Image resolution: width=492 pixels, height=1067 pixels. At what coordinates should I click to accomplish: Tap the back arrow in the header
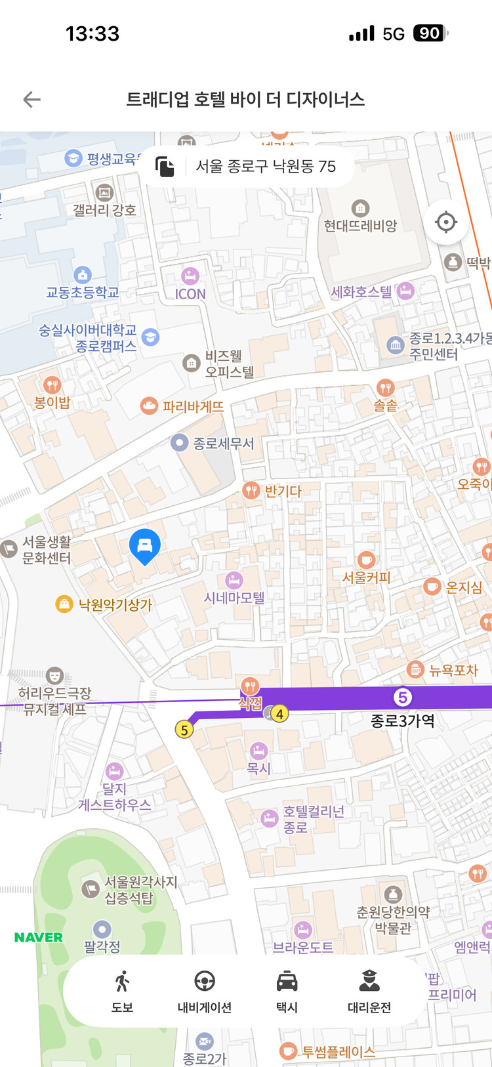point(32,100)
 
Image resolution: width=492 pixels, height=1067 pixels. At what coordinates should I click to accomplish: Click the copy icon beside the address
point(165,167)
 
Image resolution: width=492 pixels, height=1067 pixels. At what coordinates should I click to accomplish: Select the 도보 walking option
point(122,991)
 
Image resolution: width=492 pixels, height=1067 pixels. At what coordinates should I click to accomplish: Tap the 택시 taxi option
point(287,991)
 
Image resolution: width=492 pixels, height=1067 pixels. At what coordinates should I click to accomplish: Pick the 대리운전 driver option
point(369,991)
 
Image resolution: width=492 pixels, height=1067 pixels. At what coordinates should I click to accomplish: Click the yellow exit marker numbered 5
point(184,730)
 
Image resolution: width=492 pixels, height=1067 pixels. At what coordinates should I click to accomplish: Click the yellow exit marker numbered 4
point(280,714)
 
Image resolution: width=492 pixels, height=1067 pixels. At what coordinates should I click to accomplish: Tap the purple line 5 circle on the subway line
point(403,697)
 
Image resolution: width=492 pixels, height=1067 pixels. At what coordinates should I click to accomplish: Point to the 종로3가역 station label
point(403,721)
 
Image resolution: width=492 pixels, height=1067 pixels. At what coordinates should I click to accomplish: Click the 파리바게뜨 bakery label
point(193,407)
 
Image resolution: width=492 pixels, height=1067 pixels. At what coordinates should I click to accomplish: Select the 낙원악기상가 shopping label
point(115,604)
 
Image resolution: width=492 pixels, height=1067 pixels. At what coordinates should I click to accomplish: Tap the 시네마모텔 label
point(234,598)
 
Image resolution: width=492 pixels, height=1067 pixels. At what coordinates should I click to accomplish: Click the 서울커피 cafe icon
point(366,560)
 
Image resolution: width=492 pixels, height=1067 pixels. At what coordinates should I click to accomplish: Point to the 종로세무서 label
point(223,444)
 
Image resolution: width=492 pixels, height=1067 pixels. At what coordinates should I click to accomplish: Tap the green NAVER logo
point(39,938)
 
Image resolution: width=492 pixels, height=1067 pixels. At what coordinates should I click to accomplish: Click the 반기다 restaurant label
point(282,491)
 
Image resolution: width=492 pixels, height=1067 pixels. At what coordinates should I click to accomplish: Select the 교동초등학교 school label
point(83,293)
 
